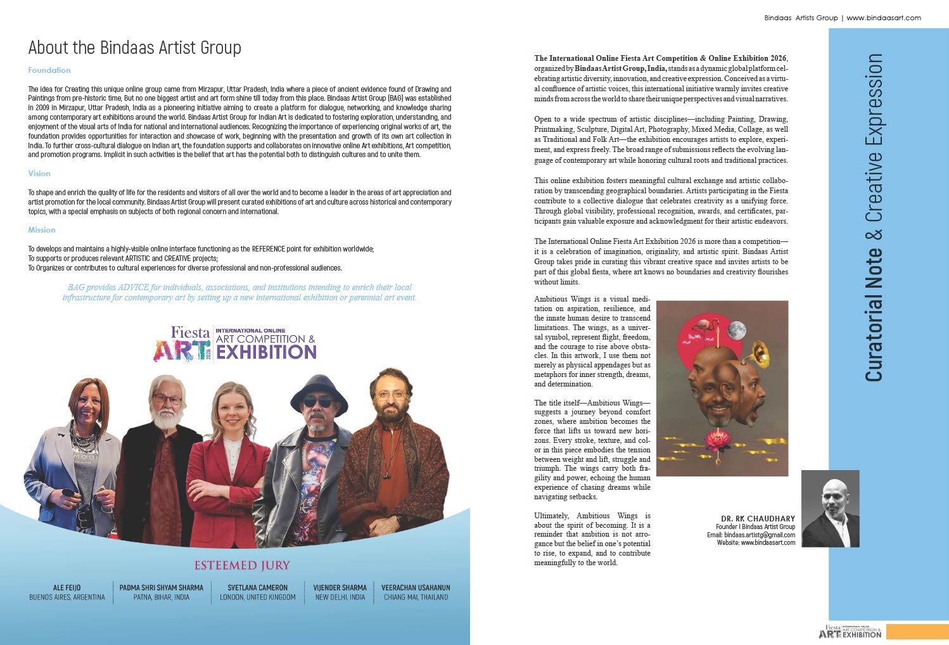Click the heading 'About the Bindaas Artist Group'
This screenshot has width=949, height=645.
tap(134, 48)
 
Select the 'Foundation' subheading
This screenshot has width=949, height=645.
tap(49, 70)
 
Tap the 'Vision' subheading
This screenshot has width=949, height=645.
tap(39, 174)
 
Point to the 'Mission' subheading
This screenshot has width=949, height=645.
tap(42, 230)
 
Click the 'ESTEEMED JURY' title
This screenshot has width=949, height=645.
tap(241, 565)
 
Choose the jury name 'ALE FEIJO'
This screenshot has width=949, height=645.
tap(67, 587)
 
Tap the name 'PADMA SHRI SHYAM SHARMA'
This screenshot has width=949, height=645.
tap(162, 587)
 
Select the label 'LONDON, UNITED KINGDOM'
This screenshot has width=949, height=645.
tap(257, 597)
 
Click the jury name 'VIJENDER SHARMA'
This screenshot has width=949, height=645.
tap(340, 587)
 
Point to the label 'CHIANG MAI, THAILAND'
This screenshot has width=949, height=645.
tap(416, 597)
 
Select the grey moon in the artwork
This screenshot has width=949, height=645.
tap(736, 329)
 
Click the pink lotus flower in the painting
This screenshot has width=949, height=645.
tap(718, 437)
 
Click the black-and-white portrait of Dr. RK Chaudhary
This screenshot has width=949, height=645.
tap(830, 509)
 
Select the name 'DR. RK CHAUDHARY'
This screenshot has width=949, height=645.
tap(758, 518)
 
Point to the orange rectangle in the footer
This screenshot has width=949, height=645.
tap(917, 632)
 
